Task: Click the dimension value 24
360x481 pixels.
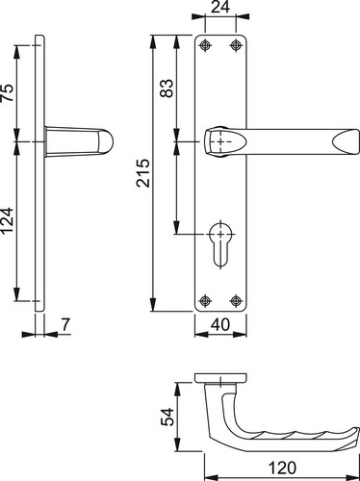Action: coord(220,7)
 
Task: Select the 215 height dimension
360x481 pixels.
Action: coord(143,173)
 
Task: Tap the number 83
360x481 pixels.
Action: coord(167,88)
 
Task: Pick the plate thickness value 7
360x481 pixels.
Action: coord(65,324)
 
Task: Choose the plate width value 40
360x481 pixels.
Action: coord(220,324)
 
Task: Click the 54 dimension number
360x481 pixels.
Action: coord(167,417)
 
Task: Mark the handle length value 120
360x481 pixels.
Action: coord(282,468)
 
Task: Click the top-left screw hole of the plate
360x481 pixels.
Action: coord(205,45)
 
